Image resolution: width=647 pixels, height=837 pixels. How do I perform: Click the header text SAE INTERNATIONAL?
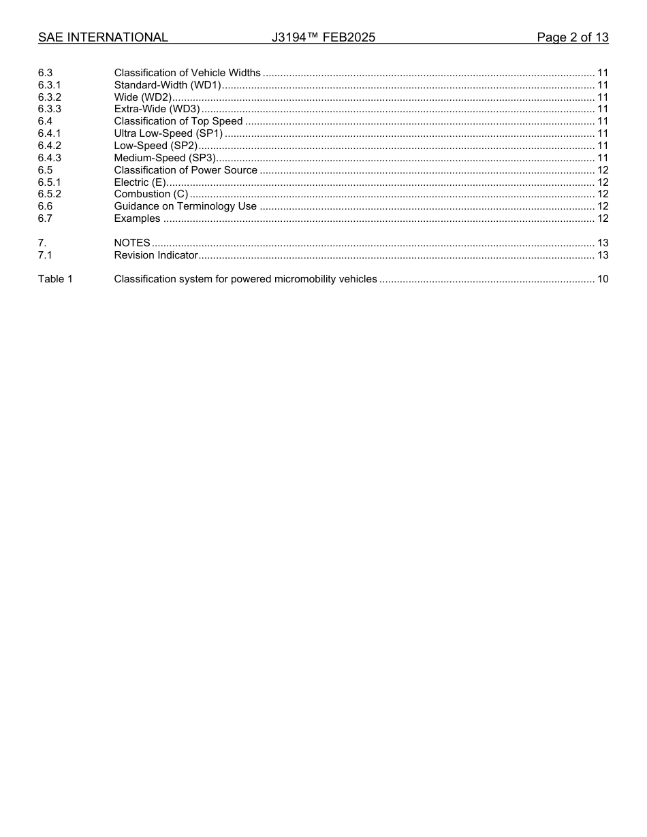point(103,37)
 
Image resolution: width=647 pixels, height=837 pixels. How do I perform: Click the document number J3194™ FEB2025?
point(323,37)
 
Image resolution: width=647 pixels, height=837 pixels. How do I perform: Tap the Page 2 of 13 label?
point(572,37)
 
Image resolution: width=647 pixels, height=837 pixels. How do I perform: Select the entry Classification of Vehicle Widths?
point(187,73)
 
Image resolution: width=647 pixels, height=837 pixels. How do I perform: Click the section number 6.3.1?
point(50,85)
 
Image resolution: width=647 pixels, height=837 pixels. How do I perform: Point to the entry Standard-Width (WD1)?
point(168,85)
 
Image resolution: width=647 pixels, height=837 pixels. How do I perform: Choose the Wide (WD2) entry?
point(143,97)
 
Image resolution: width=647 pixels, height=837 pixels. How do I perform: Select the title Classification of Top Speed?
point(178,121)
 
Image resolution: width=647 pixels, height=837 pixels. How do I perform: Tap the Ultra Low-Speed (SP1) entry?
point(168,133)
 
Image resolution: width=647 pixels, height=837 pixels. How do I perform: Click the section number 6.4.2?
point(50,146)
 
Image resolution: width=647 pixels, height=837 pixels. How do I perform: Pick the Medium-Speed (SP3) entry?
point(165,158)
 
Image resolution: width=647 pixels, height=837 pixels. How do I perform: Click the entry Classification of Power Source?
point(186,170)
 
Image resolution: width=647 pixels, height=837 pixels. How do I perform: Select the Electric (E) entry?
point(140,182)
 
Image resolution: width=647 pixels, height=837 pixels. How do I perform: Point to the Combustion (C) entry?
point(151,194)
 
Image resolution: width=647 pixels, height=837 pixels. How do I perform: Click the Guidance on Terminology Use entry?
point(185,206)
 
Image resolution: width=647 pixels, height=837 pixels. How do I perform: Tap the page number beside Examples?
point(602,218)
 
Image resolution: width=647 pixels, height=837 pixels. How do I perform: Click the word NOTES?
point(132,243)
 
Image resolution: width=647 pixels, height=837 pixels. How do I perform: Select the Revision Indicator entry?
point(156,255)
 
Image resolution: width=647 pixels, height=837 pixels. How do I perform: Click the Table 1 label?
point(55,279)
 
